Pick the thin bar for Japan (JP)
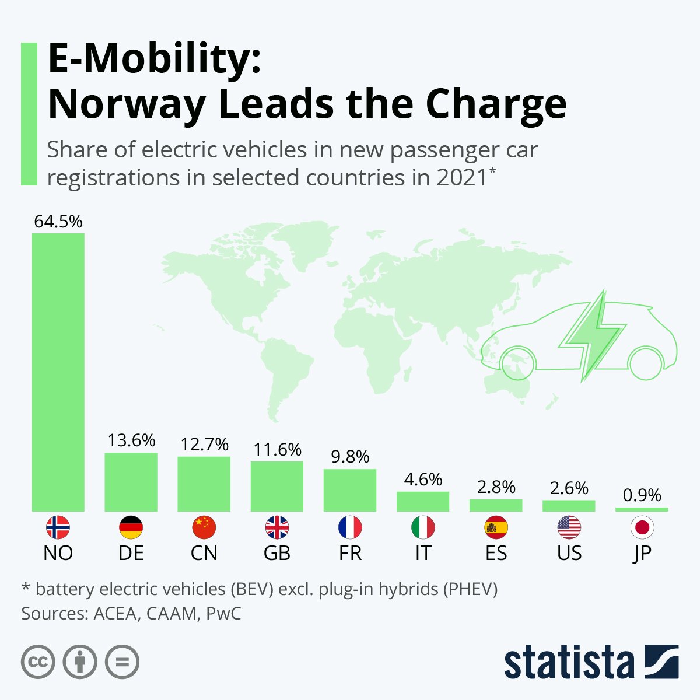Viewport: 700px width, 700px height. pos(642,509)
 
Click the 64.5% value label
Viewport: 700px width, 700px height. pos(58,222)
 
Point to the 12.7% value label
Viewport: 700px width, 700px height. pos(204,444)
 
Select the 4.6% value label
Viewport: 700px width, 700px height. pos(423,480)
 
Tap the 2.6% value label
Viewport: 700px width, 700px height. pos(569,488)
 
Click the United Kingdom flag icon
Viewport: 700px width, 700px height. pos(277,528)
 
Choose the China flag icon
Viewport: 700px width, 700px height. pos(204,528)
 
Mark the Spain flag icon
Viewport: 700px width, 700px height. pos(496,528)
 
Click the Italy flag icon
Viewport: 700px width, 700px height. pos(423,528)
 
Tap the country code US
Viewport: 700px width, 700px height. pos(569,553)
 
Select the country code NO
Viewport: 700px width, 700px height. pos(58,553)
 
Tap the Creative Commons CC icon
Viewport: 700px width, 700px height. pos(38,662)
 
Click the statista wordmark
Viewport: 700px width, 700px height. pos(569,662)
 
